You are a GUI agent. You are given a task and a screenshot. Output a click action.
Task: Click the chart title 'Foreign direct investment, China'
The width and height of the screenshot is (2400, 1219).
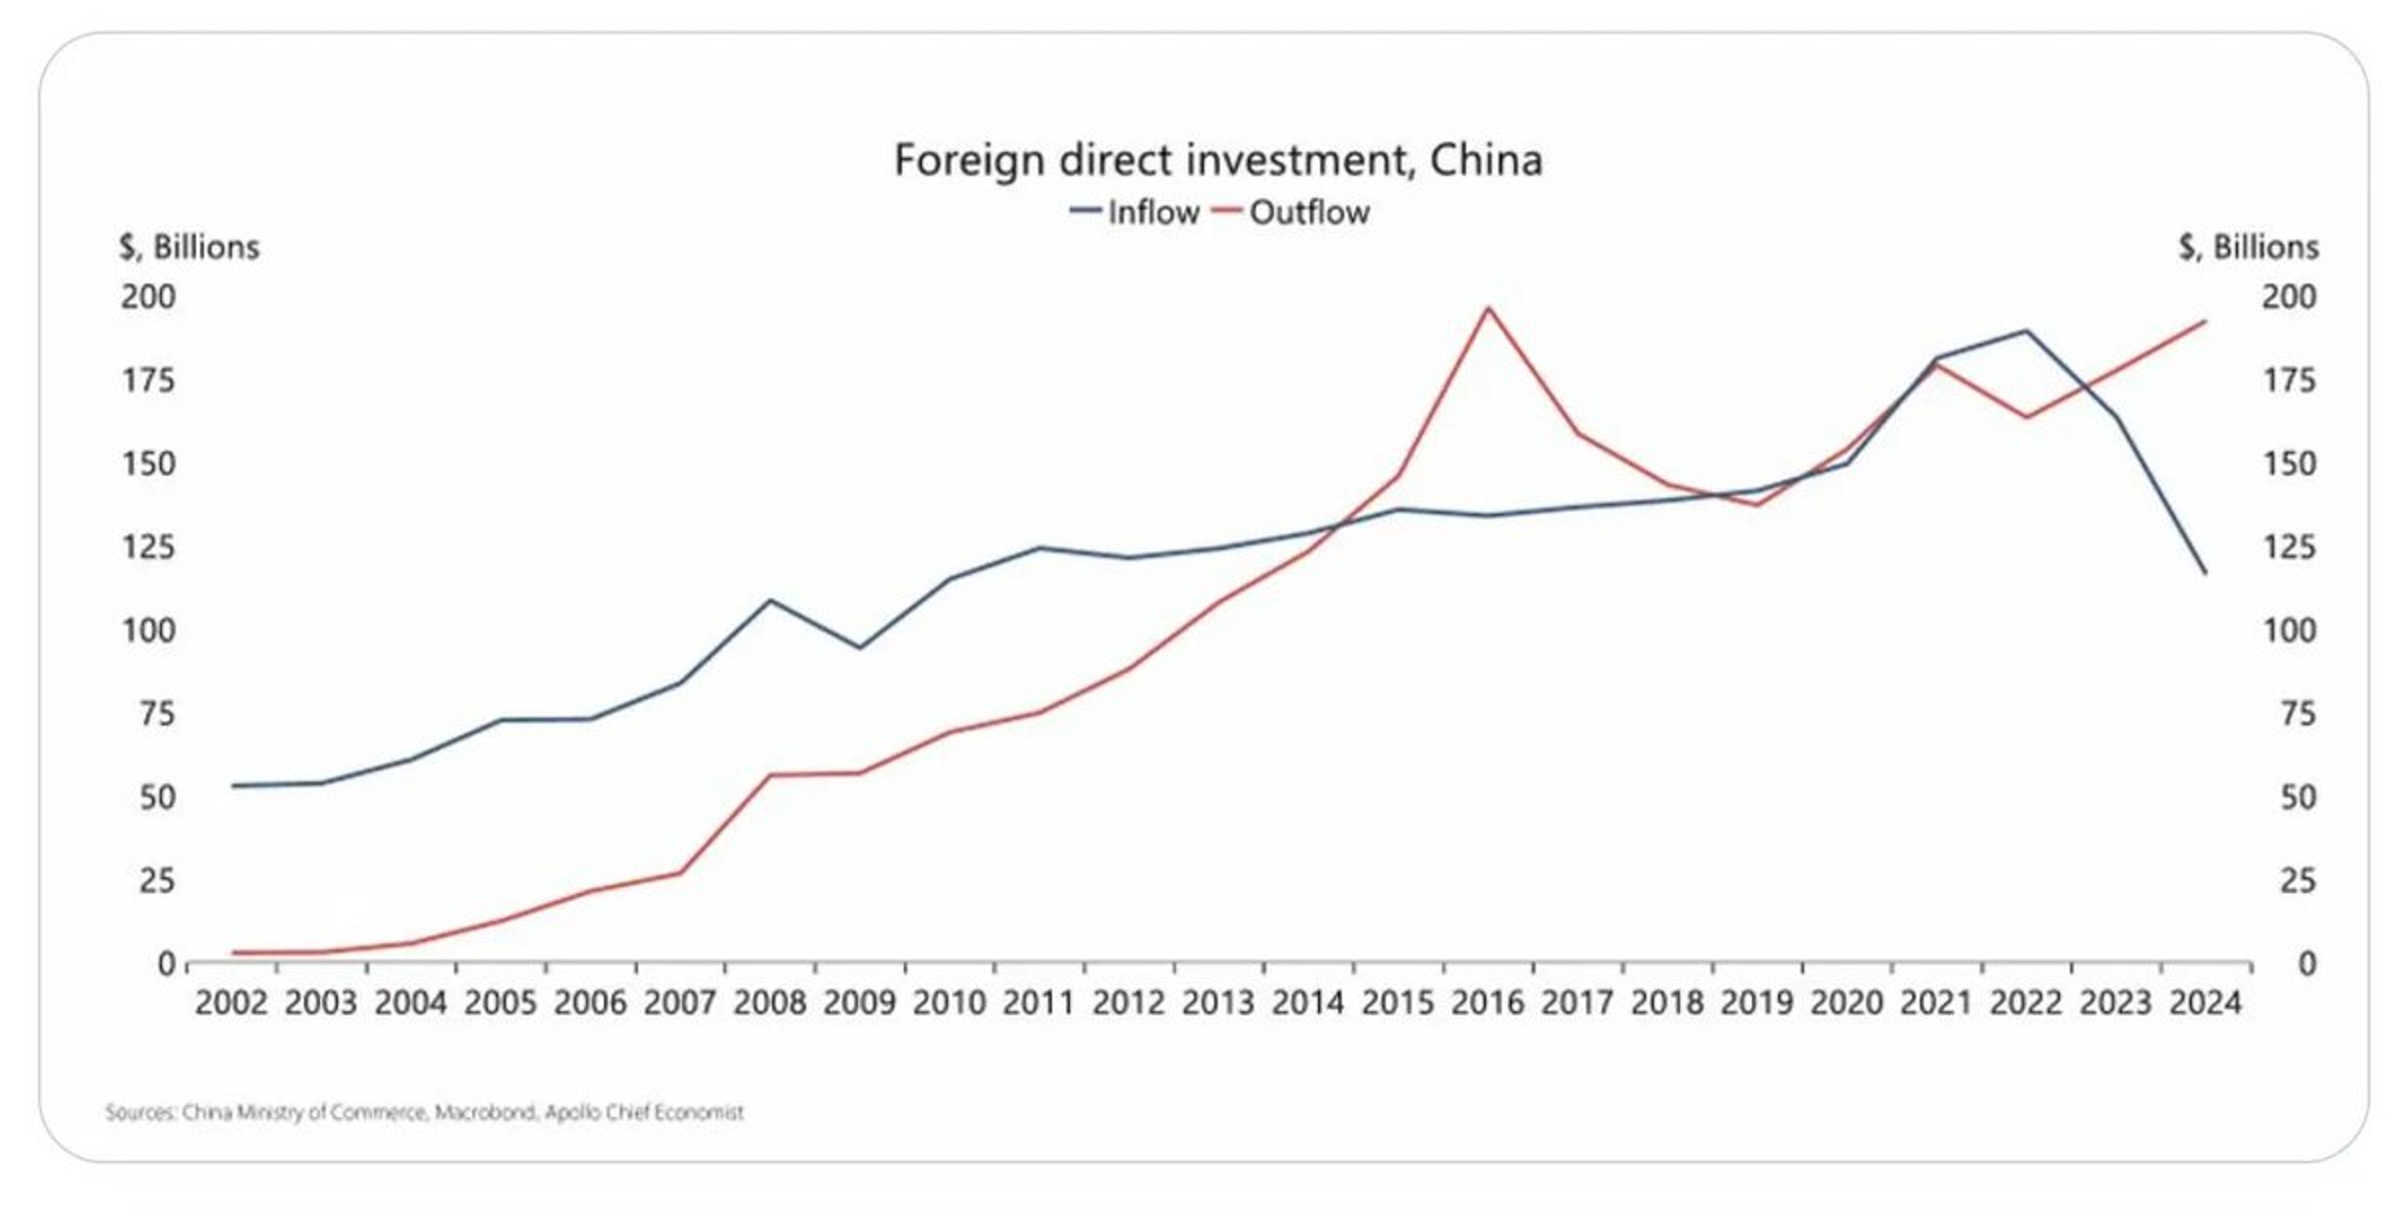coord(1217,160)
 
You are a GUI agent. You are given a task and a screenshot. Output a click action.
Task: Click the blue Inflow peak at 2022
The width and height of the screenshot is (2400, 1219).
coord(2026,330)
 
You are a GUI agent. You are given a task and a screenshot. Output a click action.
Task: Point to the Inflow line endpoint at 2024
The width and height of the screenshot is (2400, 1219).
coord(2205,573)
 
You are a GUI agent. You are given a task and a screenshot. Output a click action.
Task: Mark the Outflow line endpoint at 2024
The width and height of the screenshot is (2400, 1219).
coord(2205,321)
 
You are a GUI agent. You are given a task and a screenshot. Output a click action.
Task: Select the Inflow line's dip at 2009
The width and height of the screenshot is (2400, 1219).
coord(859,647)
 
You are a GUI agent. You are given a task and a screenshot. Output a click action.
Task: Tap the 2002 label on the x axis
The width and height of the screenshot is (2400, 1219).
coord(231,1003)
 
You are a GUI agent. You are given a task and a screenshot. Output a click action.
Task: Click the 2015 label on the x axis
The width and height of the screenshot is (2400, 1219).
coord(1397,1003)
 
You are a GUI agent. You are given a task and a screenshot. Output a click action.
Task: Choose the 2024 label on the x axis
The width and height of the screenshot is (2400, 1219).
coord(2205,1003)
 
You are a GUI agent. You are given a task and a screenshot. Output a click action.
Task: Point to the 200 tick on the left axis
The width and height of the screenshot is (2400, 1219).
coord(148,297)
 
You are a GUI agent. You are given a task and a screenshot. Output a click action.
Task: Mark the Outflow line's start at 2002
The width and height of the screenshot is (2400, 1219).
coord(233,953)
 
